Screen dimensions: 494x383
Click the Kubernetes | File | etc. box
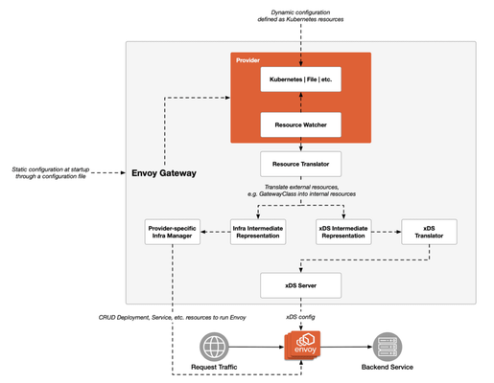(x=300, y=79)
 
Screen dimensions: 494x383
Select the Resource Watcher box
(x=300, y=124)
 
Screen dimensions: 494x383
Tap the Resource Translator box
(x=300, y=164)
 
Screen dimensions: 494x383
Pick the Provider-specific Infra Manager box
(x=173, y=232)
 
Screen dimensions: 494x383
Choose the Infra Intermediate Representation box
(x=258, y=232)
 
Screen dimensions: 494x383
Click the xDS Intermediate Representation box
(x=343, y=232)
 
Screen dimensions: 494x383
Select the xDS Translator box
(x=429, y=232)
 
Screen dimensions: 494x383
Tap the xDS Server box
(x=300, y=285)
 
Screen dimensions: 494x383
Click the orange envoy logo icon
(x=302, y=346)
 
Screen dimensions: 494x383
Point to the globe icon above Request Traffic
(x=214, y=347)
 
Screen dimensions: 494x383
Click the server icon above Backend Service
(x=388, y=347)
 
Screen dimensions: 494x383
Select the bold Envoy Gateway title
(x=164, y=173)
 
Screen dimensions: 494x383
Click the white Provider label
(x=247, y=60)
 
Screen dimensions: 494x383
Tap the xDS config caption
(x=300, y=317)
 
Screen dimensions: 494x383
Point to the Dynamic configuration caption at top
(x=300, y=16)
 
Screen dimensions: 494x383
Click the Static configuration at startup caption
(x=51, y=172)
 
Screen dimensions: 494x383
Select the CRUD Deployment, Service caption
(x=172, y=318)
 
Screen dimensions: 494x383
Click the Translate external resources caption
(x=301, y=191)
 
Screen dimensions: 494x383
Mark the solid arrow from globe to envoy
(x=256, y=347)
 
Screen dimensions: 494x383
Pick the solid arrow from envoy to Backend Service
(x=346, y=347)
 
